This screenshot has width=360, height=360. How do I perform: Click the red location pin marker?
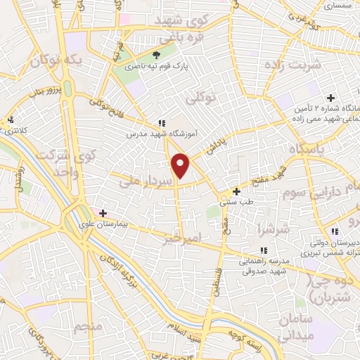point(181,165)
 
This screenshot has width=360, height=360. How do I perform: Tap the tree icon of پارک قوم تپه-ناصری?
point(157,54)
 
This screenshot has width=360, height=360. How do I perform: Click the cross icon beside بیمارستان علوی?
point(103,212)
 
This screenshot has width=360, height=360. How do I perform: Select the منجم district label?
point(88,326)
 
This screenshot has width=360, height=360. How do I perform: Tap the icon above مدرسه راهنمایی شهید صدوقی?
point(264,250)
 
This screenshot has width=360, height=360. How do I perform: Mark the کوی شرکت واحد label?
point(49,162)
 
